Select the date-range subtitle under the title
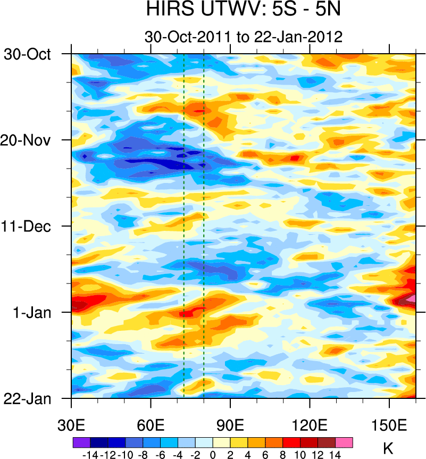point(243,37)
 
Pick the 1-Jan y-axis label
point(32,313)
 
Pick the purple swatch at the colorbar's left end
point(81,442)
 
